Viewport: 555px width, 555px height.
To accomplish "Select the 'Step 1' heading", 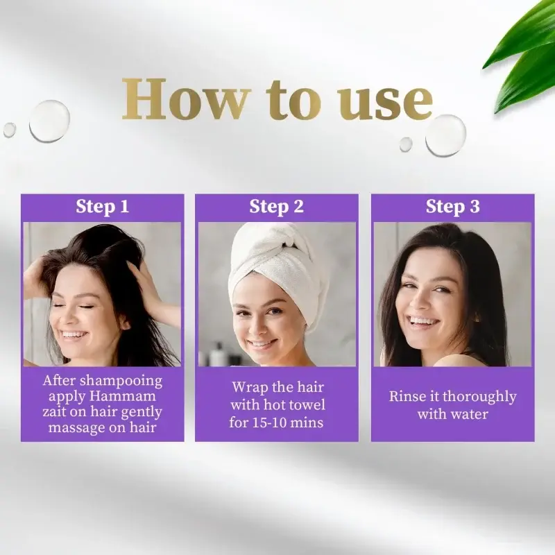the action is pos(102,206).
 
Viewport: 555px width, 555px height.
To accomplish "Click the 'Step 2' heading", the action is pos(276,206).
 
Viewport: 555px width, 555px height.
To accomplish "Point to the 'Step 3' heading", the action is pos(453,206).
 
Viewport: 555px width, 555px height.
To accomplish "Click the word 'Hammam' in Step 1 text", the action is pos(123,395).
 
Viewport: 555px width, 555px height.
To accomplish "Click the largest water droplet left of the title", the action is pos(49,121).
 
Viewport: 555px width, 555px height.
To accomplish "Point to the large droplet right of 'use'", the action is pos(445,135).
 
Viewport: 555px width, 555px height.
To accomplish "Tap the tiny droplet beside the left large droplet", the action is pos(10,130).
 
